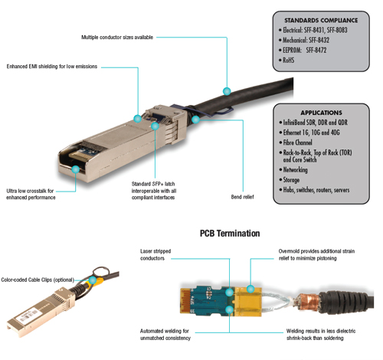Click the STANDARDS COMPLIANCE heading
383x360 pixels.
click(321, 21)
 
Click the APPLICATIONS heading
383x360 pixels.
click(321, 113)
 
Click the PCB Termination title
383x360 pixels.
click(230, 234)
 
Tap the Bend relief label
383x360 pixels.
click(242, 197)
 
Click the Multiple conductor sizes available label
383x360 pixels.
click(117, 38)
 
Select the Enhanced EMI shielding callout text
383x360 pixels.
click(52, 67)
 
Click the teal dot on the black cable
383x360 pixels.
click(227, 91)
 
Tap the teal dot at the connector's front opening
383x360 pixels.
click(76, 169)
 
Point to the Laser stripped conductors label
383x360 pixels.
click(155, 254)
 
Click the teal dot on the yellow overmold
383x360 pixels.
click(250, 290)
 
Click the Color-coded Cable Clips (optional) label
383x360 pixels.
click(38, 280)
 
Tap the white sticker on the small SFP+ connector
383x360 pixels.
click(26, 317)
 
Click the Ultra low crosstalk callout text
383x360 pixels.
click(31, 194)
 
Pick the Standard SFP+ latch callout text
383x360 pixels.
click(154, 191)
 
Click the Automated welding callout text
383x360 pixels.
click(165, 335)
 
